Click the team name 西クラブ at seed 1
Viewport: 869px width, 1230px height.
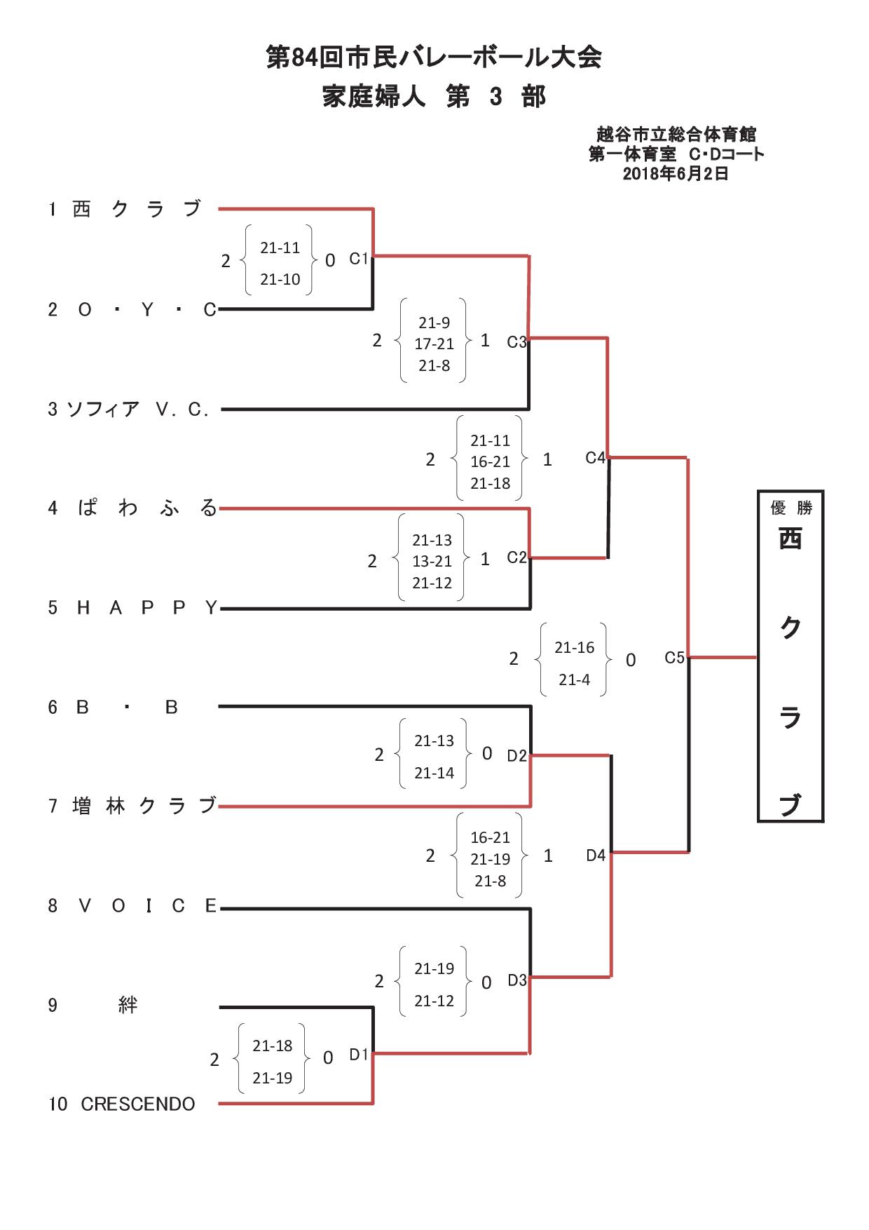137,209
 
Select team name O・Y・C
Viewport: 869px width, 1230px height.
147,310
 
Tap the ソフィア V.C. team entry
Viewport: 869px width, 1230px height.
138,410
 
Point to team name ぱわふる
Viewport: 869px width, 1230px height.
148,508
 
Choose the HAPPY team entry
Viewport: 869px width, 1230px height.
148,608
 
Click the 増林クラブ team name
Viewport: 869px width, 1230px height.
144,806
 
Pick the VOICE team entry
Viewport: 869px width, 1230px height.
148,906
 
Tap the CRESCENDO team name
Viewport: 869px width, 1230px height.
138,1104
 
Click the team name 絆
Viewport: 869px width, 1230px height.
128,1005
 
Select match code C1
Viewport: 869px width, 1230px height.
359,259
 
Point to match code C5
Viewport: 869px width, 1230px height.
674,658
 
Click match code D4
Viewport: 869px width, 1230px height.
596,856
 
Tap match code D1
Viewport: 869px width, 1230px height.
359,1055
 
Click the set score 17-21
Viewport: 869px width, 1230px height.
434,344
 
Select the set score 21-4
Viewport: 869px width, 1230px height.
575,680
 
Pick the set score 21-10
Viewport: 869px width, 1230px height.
280,279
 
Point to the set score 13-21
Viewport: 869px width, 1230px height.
432,562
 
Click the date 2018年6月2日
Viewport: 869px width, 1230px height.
676,174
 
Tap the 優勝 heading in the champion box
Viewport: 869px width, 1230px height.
791,508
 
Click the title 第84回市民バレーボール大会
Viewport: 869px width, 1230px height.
434,58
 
